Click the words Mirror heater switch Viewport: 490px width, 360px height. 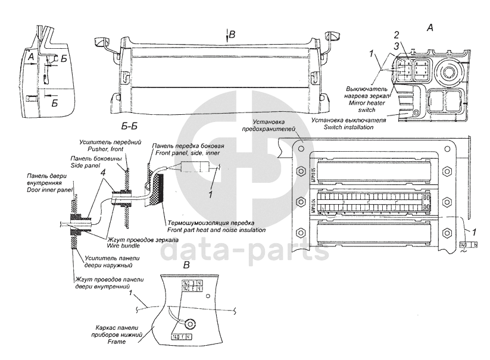[x=368, y=106]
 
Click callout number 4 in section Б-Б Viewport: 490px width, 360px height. [x=104, y=173]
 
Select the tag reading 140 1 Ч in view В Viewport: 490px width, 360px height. [x=181, y=337]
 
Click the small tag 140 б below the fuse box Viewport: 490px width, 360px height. [x=467, y=245]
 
